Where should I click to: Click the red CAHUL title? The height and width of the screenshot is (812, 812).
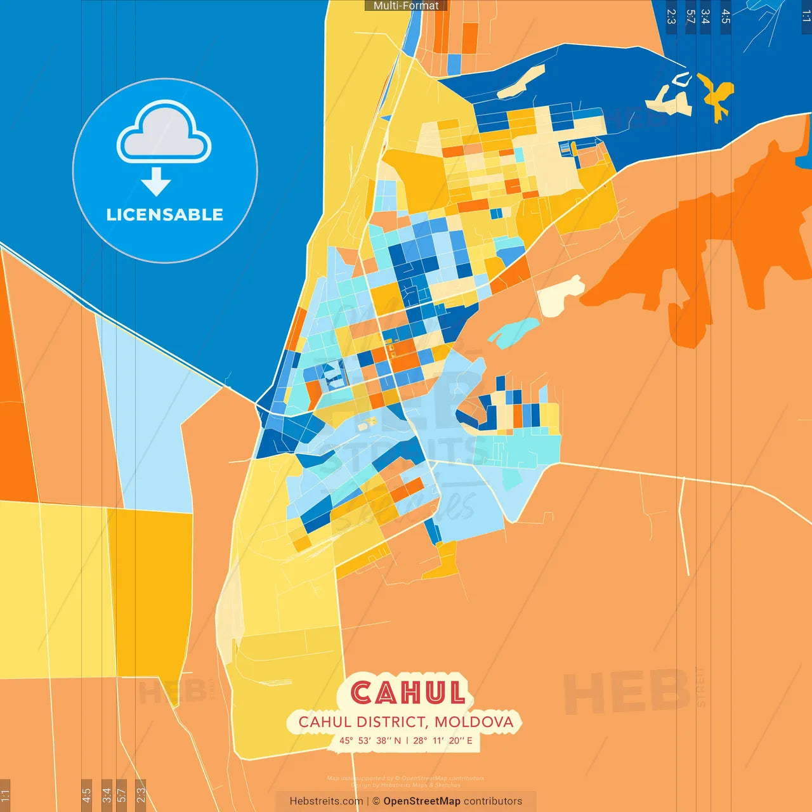408,693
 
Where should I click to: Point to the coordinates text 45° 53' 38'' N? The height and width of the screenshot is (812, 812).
370,740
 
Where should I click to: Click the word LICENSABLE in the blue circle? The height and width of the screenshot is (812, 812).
165,214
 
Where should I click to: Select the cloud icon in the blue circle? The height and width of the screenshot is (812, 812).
164,132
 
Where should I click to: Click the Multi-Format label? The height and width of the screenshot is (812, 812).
406,6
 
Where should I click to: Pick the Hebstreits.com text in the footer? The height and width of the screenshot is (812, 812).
326,801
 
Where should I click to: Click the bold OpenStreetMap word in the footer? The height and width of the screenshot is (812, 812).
422,801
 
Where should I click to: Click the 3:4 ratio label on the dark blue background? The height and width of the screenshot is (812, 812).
705,17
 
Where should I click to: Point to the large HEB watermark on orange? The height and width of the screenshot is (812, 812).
627,691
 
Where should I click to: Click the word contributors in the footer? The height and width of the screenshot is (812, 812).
493,801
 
